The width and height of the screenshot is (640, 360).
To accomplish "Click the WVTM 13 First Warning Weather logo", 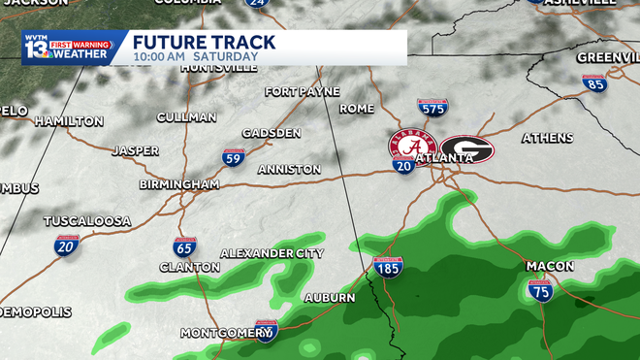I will [x=74, y=48].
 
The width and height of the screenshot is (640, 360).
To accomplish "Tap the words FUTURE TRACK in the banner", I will [x=204, y=43].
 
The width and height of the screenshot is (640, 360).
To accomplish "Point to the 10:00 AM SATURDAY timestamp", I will [x=195, y=57].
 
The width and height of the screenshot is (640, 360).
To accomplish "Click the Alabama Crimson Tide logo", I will [x=410, y=147].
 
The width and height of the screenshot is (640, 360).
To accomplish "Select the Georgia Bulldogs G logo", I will [x=466, y=149].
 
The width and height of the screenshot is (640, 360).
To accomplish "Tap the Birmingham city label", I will [x=178, y=184].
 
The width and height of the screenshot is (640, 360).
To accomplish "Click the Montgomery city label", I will [x=226, y=333].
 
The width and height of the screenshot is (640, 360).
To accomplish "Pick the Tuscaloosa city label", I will [x=87, y=221].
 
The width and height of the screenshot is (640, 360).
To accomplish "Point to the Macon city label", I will [x=550, y=266].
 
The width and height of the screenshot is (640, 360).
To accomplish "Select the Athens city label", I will [x=547, y=138].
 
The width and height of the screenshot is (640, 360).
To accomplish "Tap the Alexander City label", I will [x=272, y=253].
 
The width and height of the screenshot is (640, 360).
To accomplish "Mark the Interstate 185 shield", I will [x=389, y=268].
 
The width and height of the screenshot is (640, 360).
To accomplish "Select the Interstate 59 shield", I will [x=233, y=156].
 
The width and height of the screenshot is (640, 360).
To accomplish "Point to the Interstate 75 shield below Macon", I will [x=541, y=289].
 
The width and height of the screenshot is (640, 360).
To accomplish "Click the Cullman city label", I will [x=186, y=117].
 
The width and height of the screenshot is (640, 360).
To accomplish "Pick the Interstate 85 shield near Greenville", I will [x=594, y=82].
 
